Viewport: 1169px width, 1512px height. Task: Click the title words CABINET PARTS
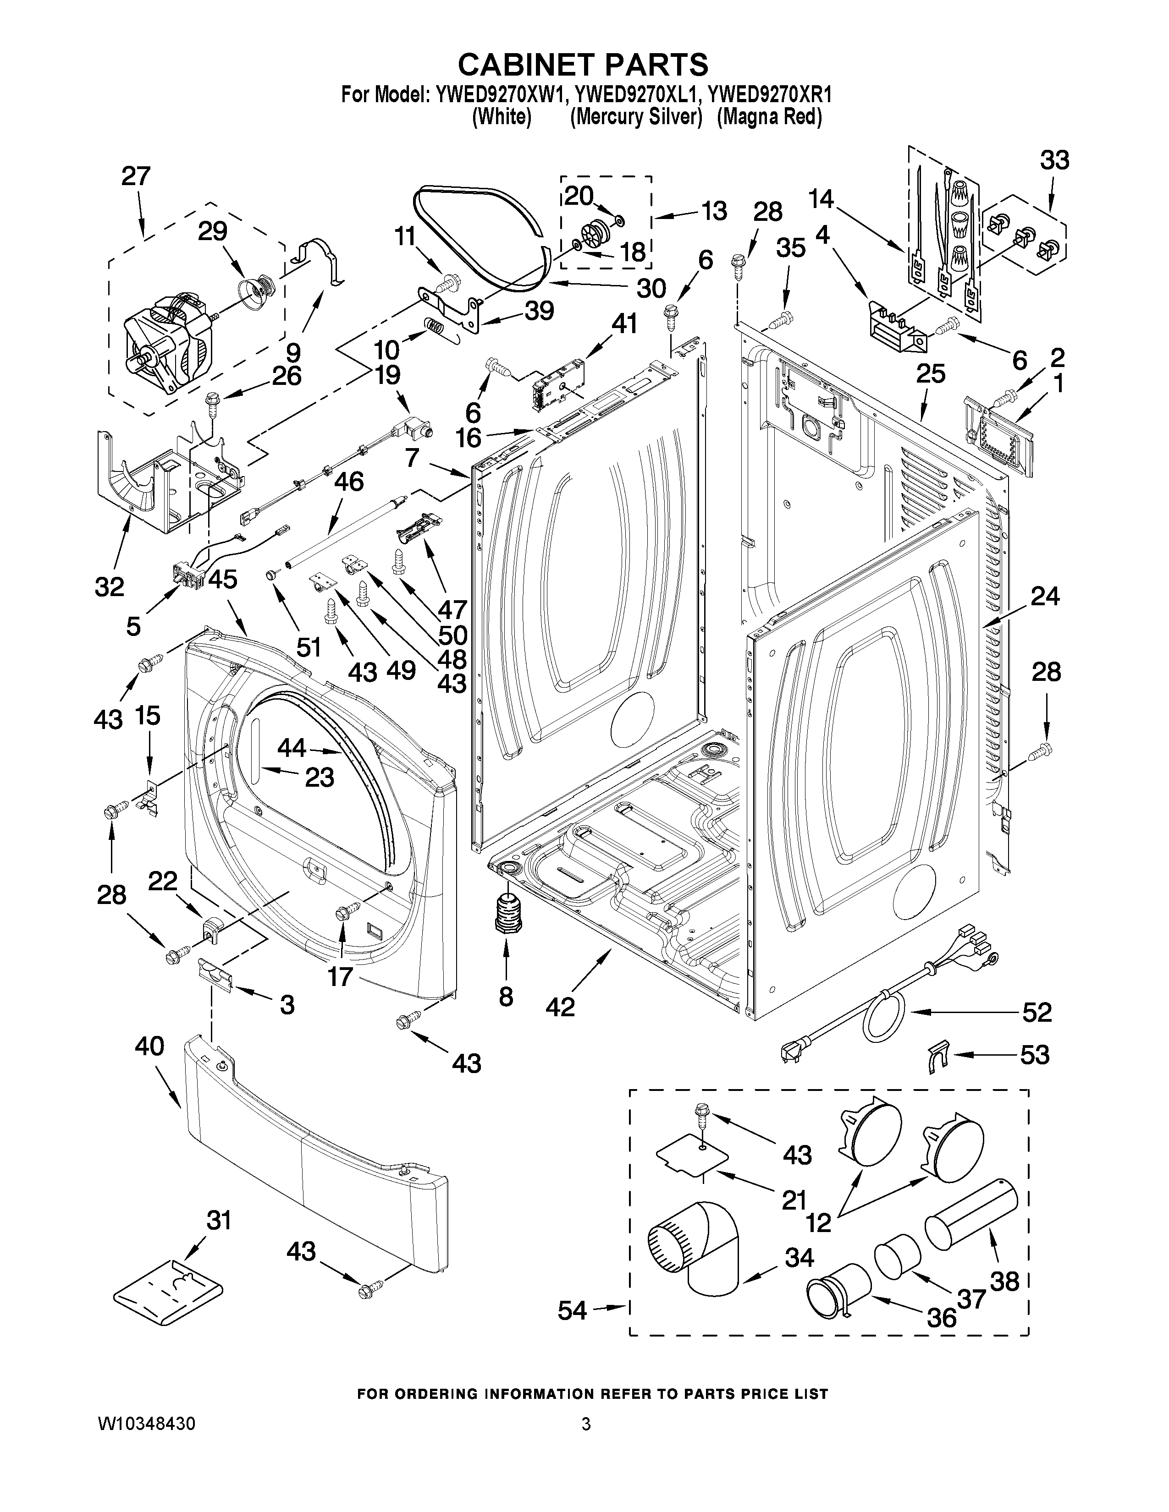(x=583, y=65)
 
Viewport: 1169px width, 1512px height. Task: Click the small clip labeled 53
(x=936, y=1058)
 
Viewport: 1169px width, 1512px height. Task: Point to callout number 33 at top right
(x=1054, y=161)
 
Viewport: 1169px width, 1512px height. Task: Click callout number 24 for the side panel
(x=1044, y=596)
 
